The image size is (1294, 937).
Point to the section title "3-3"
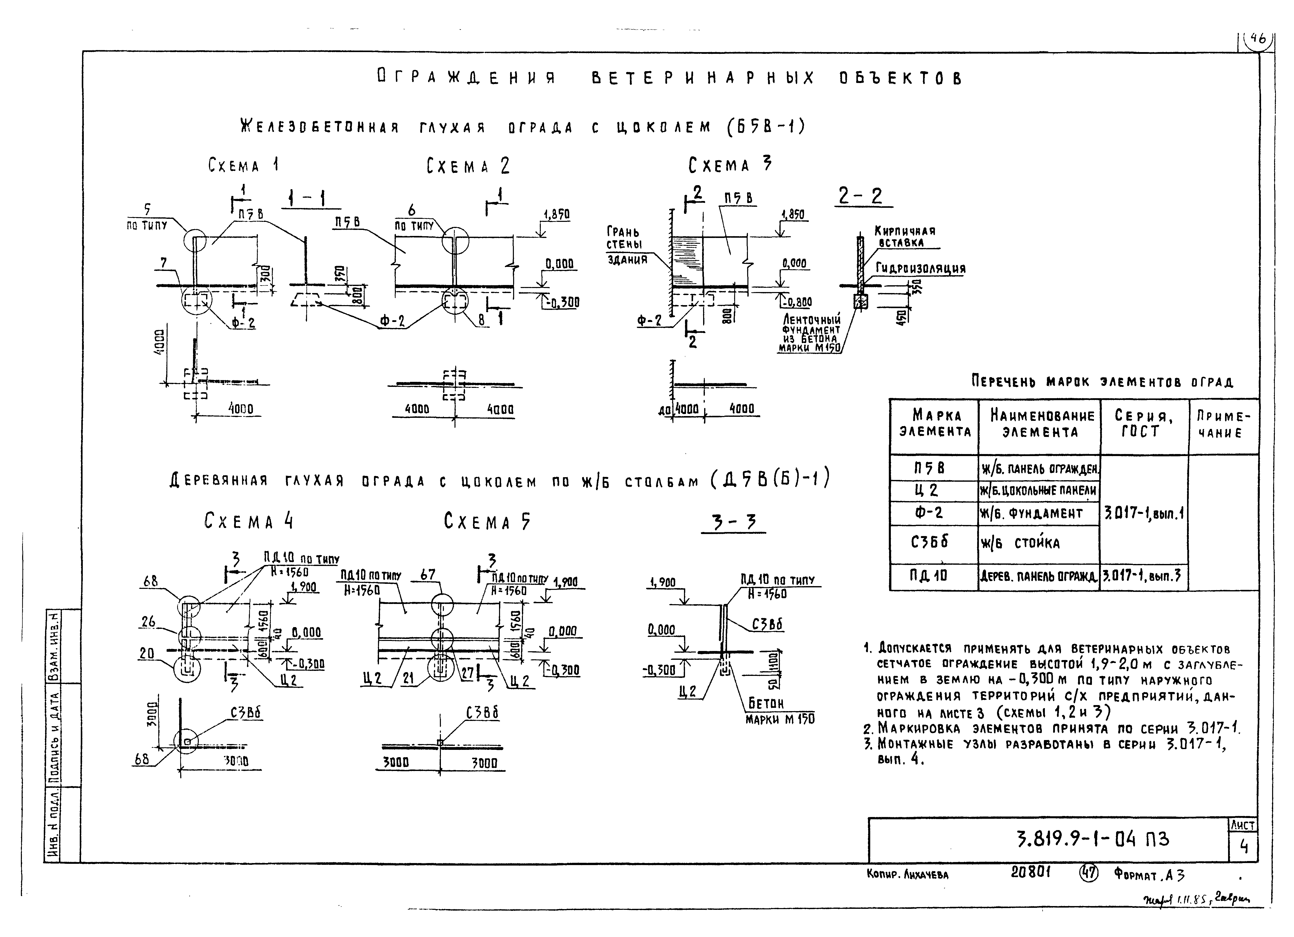pyautogui.click(x=733, y=522)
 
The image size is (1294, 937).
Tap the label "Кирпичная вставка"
pyautogui.click(x=905, y=237)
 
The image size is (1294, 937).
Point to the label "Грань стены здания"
pyautogui.click(x=626, y=245)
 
